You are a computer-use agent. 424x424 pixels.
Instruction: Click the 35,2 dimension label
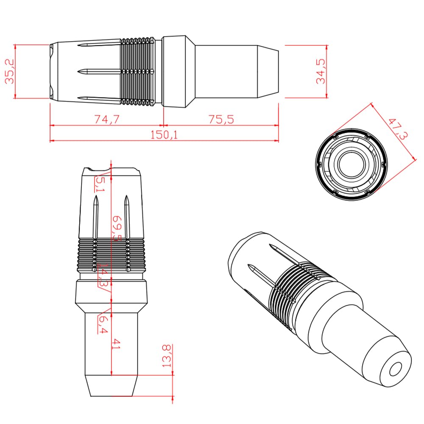point(10,72)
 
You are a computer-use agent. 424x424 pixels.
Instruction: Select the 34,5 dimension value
point(321,71)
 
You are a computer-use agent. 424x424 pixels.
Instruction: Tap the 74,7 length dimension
point(107,119)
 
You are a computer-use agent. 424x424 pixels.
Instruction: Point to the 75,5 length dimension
point(221,119)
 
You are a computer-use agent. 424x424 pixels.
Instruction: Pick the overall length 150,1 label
point(164,135)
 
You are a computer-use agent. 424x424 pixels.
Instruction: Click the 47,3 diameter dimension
point(398,129)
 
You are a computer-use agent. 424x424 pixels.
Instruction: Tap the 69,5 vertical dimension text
point(117,228)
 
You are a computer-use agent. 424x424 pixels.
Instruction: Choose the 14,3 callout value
point(103,275)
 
